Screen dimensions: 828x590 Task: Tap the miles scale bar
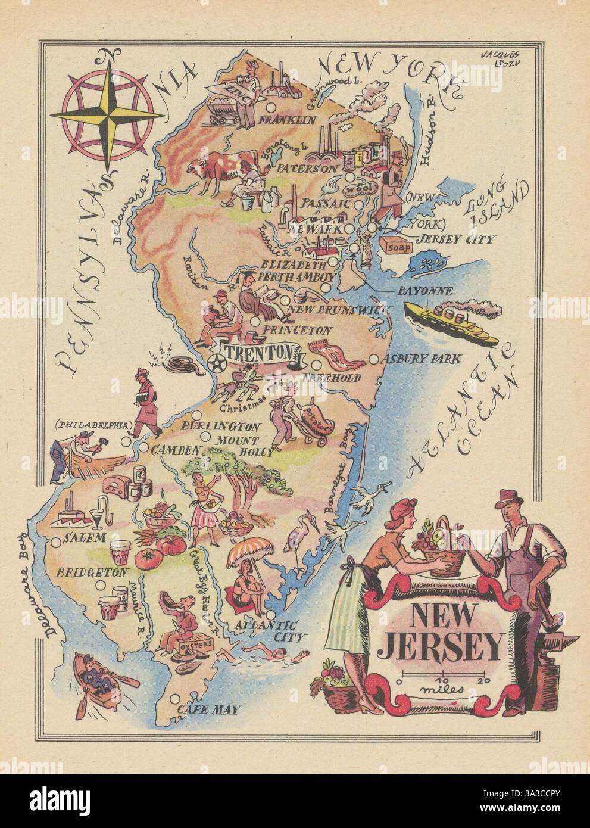(442, 678)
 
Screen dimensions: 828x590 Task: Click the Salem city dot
(57, 541)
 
